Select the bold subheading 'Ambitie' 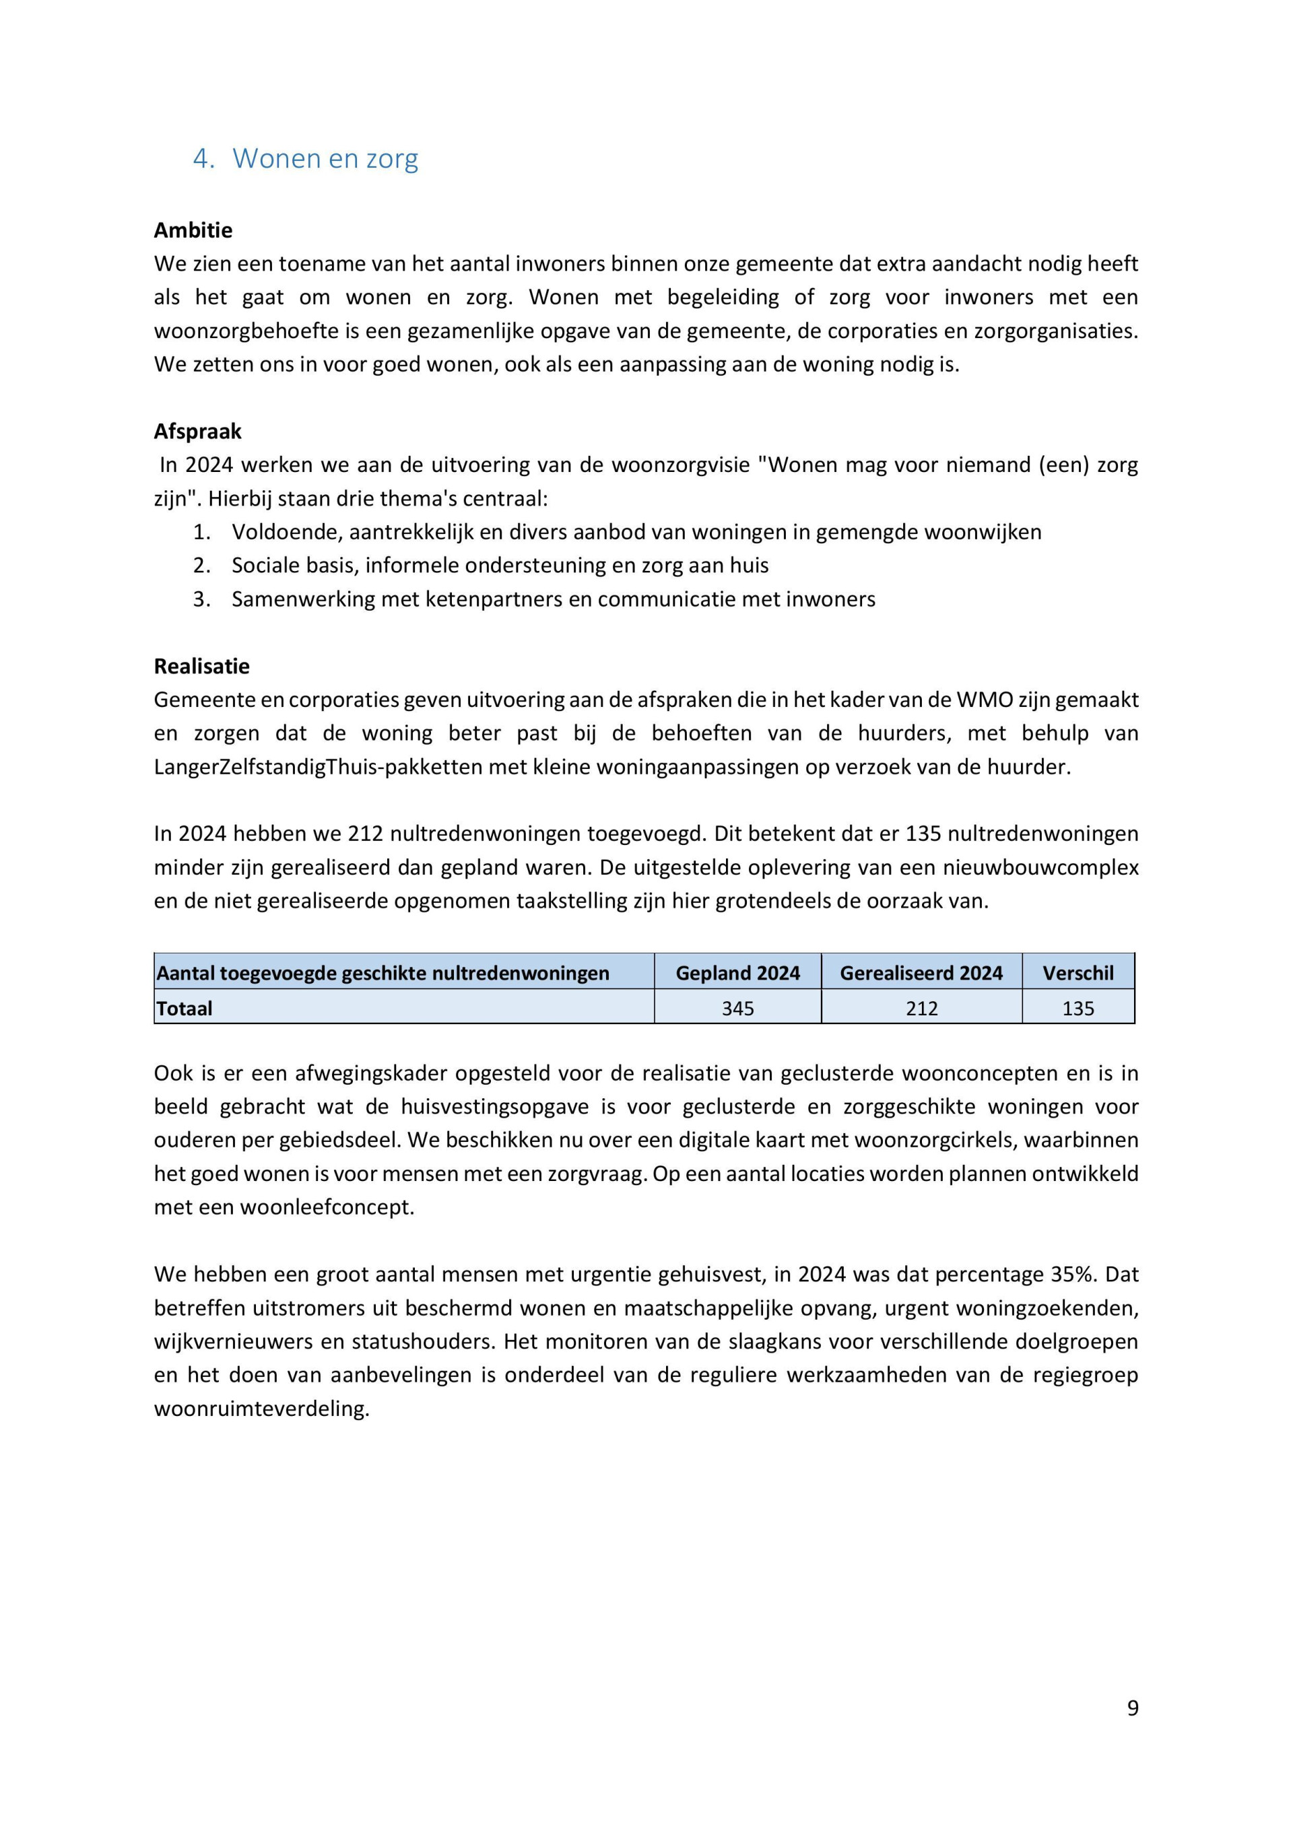[x=193, y=230]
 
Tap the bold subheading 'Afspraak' [x=197, y=432]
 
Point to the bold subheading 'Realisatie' [x=201, y=666]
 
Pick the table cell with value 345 [x=737, y=1008]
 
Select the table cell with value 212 [x=921, y=1008]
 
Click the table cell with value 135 [x=1077, y=1008]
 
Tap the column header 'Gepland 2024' [x=737, y=973]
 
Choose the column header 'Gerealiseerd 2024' [x=921, y=973]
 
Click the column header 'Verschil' [x=1077, y=973]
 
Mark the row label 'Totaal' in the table [x=185, y=1008]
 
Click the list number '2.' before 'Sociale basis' [x=201, y=566]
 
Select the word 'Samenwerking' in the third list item [x=302, y=599]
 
